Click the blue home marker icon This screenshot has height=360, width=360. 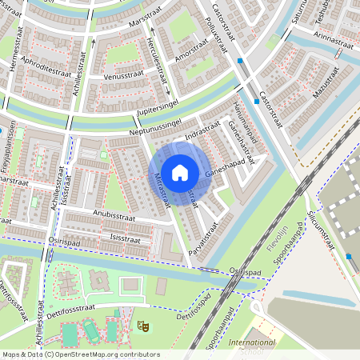click(180, 172)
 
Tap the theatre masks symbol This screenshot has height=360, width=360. click(142, 326)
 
